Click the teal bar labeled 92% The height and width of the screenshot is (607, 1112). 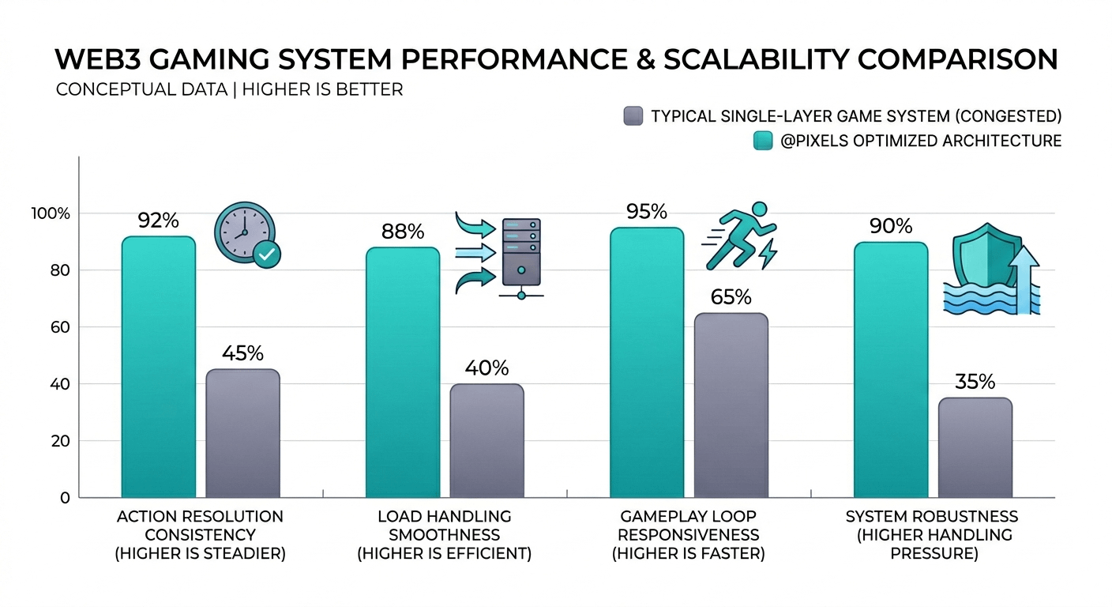(158, 367)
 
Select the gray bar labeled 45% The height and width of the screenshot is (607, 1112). (242, 433)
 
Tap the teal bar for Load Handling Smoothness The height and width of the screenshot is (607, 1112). (403, 372)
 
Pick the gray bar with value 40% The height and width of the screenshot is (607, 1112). (486, 440)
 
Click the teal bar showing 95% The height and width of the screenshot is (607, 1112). (647, 362)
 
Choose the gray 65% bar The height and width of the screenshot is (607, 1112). (731, 405)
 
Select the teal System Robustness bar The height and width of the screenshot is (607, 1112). (891, 369)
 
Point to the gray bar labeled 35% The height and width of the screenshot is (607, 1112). (975, 447)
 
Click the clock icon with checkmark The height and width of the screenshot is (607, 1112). (247, 236)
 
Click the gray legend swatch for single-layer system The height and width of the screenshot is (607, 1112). (632, 116)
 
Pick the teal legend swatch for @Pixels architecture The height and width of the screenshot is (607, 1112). (763, 141)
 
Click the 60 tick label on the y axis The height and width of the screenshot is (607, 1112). (61, 327)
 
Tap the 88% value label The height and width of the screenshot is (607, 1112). (403, 232)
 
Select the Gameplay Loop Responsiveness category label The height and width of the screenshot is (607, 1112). (688, 535)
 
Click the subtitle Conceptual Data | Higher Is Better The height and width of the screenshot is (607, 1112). (229, 89)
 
